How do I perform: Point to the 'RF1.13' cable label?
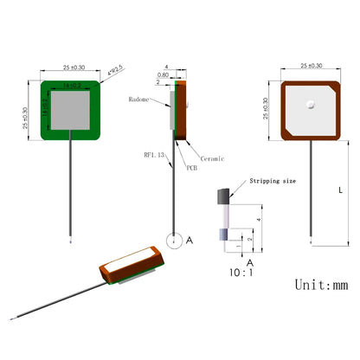pyautogui.click(x=156, y=156)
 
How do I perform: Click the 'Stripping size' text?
pyautogui.click(x=273, y=183)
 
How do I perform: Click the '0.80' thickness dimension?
pyautogui.click(x=164, y=74)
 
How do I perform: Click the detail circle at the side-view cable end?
pyautogui.click(x=176, y=241)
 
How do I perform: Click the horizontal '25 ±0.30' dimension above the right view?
pyautogui.click(x=310, y=66)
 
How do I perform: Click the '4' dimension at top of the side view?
pyautogui.click(x=176, y=66)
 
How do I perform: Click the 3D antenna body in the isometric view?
pyautogui.click(x=130, y=267)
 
